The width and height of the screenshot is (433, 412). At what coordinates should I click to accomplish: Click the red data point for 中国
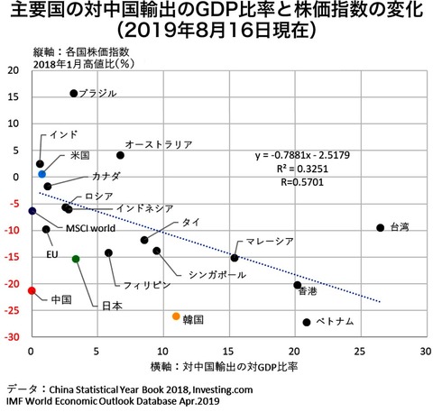(32, 290)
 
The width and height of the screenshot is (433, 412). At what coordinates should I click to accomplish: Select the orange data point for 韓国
(176, 316)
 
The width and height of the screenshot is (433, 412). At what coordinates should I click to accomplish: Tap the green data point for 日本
(76, 259)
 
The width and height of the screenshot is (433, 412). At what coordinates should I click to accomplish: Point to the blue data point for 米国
(42, 173)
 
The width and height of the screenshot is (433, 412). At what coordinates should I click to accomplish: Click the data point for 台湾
(380, 227)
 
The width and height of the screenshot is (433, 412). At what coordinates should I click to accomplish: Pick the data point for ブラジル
(74, 93)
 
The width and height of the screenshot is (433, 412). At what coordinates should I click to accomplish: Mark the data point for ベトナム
(307, 322)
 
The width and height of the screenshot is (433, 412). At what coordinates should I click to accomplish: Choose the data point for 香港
(298, 285)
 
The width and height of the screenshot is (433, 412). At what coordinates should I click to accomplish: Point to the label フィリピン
(147, 284)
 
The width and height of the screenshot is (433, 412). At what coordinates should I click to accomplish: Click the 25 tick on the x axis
(360, 349)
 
